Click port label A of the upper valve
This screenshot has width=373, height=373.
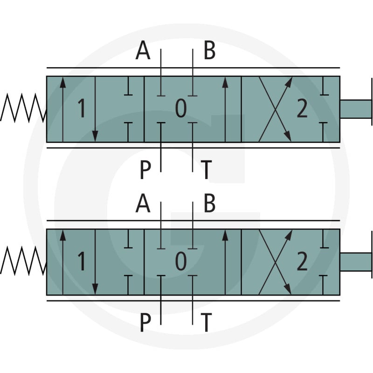pyautogui.click(x=143, y=50)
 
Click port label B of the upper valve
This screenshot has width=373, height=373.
pyautogui.click(x=209, y=50)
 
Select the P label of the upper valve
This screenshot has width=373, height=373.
pyautogui.click(x=145, y=170)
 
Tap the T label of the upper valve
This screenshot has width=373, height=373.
pyautogui.click(x=206, y=170)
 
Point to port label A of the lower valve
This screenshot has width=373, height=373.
pyautogui.click(x=143, y=203)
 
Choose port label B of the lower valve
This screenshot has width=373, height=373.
pyautogui.click(x=209, y=203)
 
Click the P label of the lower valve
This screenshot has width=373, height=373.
pyautogui.click(x=145, y=322)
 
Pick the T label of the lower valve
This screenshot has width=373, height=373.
pyautogui.click(x=206, y=322)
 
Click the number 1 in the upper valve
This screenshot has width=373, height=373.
pyautogui.click(x=82, y=108)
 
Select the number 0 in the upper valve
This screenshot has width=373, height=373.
pyautogui.click(x=181, y=108)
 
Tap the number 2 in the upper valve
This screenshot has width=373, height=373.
pyautogui.click(x=302, y=108)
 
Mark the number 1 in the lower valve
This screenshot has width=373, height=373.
pyautogui.click(x=82, y=261)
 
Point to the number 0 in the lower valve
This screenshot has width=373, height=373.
pyautogui.click(x=181, y=261)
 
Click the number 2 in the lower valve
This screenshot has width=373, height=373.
pyautogui.click(x=302, y=261)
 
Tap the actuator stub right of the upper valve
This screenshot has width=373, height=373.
pyautogui.click(x=356, y=109)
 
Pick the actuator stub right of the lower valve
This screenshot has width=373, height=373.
pyautogui.click(x=356, y=262)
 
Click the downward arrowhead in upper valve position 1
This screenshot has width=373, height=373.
pyautogui.click(x=95, y=136)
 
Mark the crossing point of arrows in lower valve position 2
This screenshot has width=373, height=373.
pyautogui.click(x=275, y=262)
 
